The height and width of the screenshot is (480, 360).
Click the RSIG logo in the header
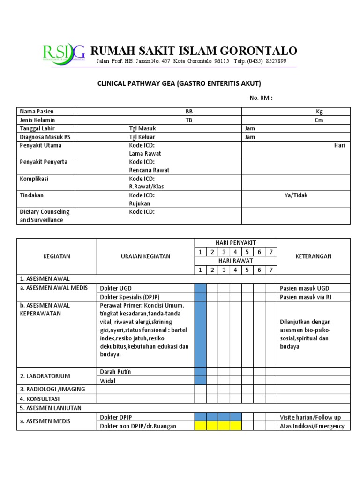(x=64, y=53)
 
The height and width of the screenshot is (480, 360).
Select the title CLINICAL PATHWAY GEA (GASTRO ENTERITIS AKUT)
(x=179, y=83)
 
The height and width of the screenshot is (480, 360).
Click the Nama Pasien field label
(x=37, y=112)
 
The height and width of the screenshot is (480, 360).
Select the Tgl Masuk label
(x=142, y=128)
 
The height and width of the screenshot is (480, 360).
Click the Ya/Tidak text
(x=296, y=195)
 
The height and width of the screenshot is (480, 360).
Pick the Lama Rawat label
(x=145, y=153)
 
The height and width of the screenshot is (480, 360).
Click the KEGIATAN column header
(x=57, y=256)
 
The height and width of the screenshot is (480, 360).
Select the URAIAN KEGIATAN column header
(x=145, y=256)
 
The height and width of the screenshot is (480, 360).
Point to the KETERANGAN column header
(x=314, y=256)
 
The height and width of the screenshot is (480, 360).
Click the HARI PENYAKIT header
(x=236, y=243)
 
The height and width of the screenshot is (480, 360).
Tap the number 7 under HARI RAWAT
(x=270, y=270)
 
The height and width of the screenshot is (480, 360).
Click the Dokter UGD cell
(x=115, y=288)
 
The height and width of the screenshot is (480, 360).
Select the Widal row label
(x=108, y=381)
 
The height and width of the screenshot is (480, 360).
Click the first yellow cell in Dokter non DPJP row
(x=200, y=426)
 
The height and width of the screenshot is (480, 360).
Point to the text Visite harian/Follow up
(x=310, y=417)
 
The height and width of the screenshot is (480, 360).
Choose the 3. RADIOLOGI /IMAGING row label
(x=52, y=390)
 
